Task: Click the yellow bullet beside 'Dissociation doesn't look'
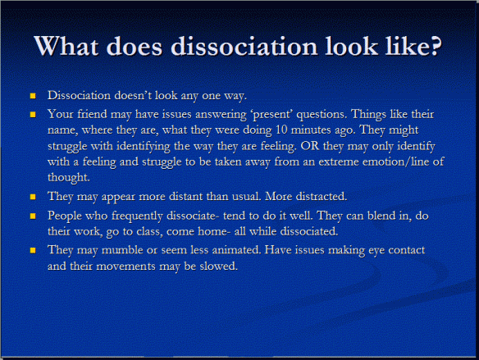(x=34, y=96)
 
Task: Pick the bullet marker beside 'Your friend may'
(x=34, y=114)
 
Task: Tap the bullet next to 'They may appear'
(x=34, y=198)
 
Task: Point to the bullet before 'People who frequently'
(x=34, y=216)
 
